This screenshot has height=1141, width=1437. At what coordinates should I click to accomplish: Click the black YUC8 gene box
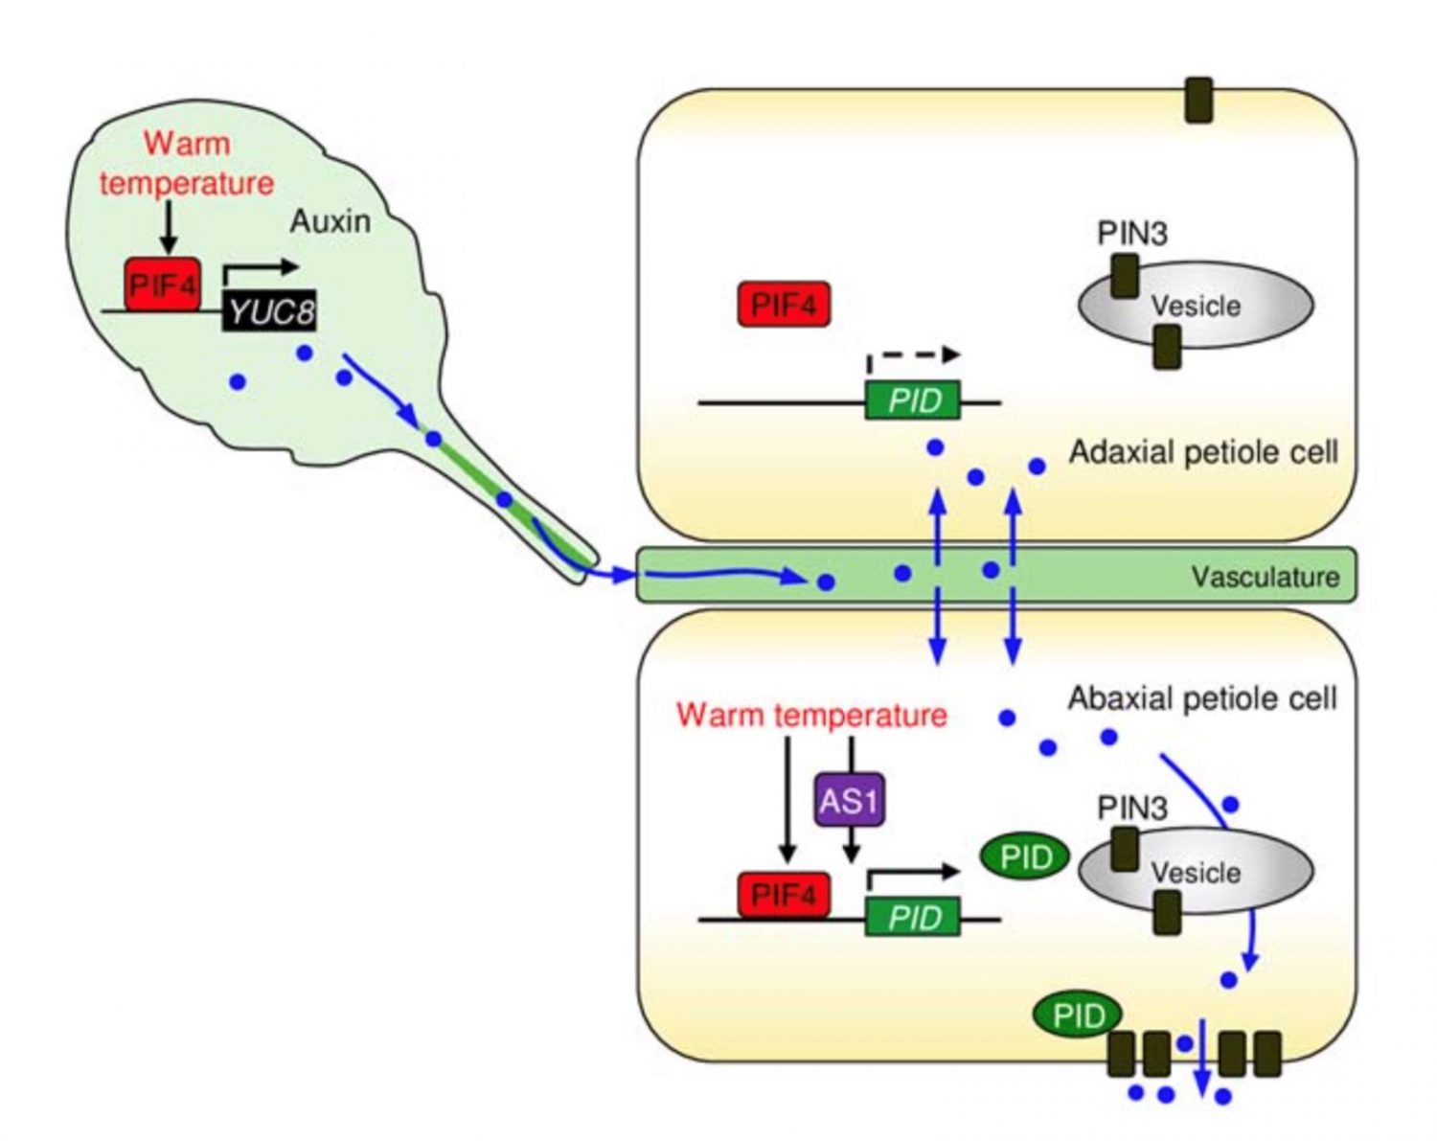click(269, 310)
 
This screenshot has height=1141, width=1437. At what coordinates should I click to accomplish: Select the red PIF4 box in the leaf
click(162, 285)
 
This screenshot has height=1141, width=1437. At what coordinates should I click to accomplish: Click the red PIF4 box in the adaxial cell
click(784, 305)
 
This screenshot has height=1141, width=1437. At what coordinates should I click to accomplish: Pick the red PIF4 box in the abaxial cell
click(784, 895)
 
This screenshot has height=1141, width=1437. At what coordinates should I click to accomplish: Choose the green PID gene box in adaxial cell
click(913, 399)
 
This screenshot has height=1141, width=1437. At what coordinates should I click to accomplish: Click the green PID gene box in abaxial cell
click(913, 918)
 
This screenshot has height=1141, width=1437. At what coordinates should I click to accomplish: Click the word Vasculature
click(1265, 577)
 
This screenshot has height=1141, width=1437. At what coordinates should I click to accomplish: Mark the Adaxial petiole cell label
click(1203, 451)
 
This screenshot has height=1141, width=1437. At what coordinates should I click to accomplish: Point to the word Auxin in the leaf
click(330, 221)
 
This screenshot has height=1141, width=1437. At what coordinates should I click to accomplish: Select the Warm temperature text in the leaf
click(187, 163)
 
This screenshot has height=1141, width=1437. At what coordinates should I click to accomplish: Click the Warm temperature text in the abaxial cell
click(811, 715)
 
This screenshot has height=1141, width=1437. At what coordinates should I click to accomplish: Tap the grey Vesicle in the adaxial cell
click(1196, 306)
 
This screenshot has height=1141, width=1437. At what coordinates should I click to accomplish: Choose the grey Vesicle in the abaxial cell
click(1196, 872)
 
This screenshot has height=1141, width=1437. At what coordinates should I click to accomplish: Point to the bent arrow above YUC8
click(260, 271)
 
